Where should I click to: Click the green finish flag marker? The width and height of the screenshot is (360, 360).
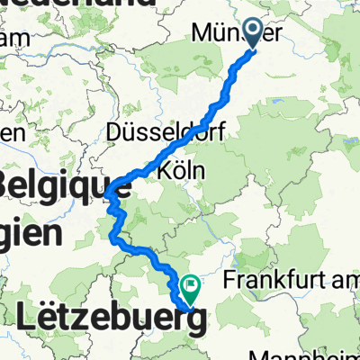pos(191,287)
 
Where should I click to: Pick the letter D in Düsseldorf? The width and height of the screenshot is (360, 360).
pos(114,131)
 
